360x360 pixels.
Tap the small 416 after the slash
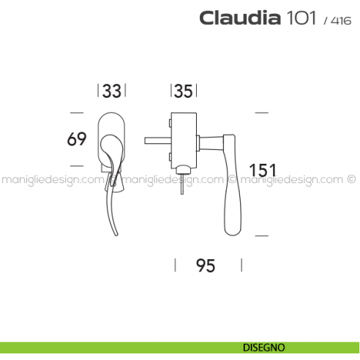point(340,20)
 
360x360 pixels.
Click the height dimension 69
point(78,138)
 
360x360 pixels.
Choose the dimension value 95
point(206,266)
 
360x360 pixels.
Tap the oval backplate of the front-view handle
point(113,124)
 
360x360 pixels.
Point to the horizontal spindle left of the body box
point(156,139)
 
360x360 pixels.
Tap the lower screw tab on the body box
point(170,157)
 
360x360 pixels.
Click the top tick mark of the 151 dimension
point(261,112)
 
